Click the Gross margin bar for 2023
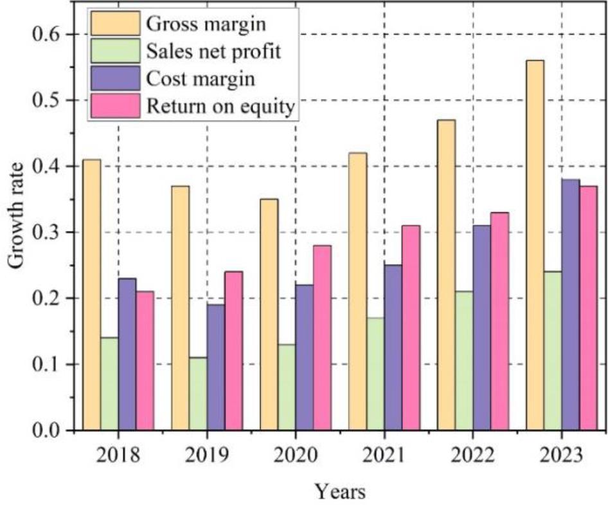coord(535,244)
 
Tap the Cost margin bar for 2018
coord(127,354)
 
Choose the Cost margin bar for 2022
coord(481,327)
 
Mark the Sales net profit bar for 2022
coord(464,360)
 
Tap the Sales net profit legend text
coord(214,51)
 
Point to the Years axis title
coord(340,492)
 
